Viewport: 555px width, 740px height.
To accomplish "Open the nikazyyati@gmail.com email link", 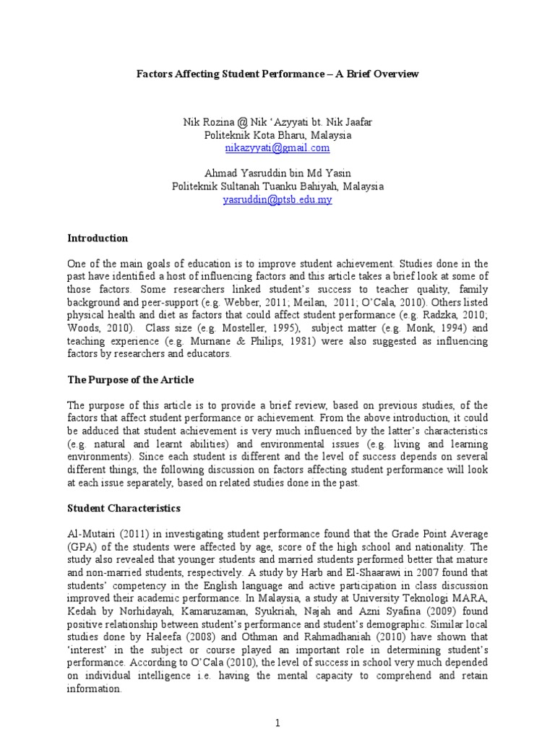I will pyautogui.click(x=277, y=147).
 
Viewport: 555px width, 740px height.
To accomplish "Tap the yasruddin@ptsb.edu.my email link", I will pyautogui.click(x=277, y=199).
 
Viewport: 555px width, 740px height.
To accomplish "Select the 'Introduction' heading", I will pyautogui.click(x=98, y=238).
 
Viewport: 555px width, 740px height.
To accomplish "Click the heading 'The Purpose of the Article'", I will pyautogui.click(x=130, y=380).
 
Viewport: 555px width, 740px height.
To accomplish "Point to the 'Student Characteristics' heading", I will pyautogui.click(x=124, y=509).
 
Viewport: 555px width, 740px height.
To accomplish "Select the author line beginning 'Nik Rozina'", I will pyautogui.click(x=277, y=123).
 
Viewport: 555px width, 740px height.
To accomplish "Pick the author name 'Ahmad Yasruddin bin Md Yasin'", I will pyautogui.click(x=277, y=174).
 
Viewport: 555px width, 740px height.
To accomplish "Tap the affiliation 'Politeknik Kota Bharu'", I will pyautogui.click(x=277, y=135).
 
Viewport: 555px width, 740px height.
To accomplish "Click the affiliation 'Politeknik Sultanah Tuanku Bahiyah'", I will pyautogui.click(x=277, y=186).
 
